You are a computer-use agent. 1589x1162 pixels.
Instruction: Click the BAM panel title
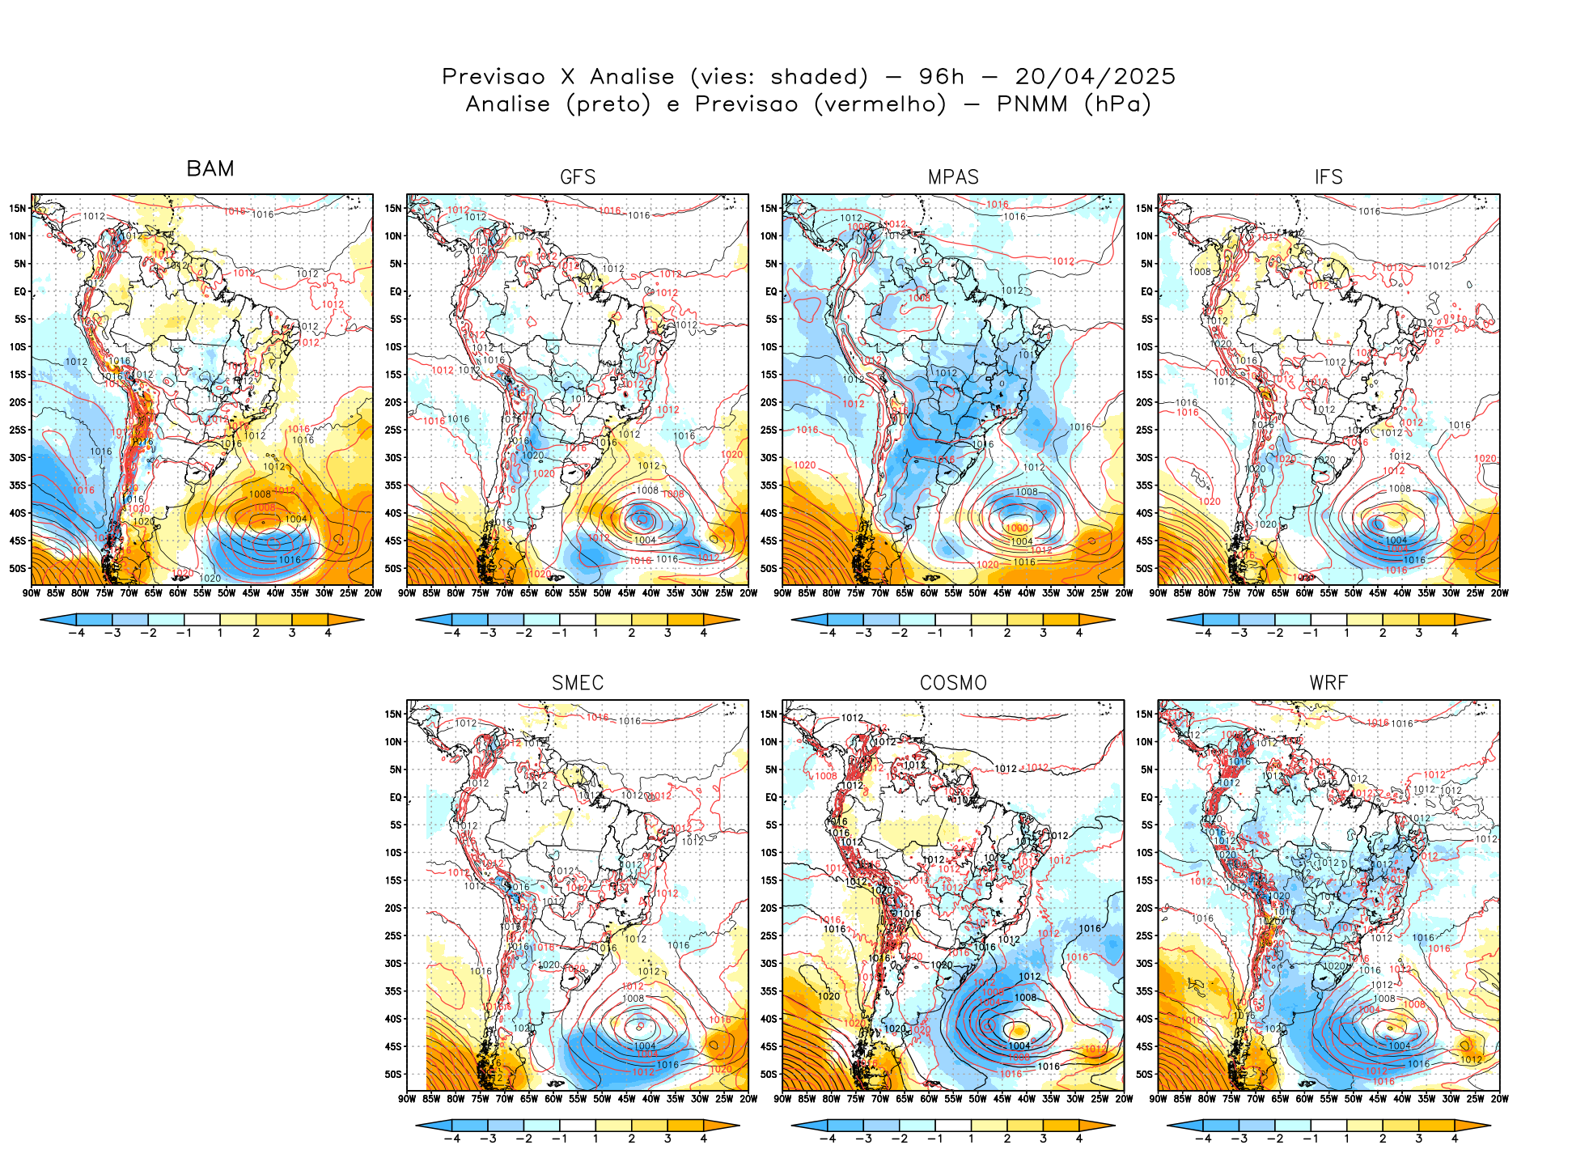(x=210, y=169)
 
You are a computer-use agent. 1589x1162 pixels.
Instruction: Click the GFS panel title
(x=578, y=177)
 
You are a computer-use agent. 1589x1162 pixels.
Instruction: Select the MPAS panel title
(x=953, y=177)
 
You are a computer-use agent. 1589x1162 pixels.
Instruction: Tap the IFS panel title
(x=1328, y=177)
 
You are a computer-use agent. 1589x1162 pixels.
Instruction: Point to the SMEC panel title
(x=578, y=683)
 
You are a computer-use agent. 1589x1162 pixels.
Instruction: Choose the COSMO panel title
(x=953, y=683)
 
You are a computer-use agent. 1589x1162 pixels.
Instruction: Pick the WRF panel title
(x=1328, y=683)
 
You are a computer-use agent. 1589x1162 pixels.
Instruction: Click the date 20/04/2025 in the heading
(x=1095, y=77)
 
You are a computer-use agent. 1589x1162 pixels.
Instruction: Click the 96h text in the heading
(x=942, y=77)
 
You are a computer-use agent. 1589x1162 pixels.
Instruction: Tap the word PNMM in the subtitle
(x=1032, y=104)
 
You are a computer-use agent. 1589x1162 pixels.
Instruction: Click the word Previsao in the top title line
(x=494, y=77)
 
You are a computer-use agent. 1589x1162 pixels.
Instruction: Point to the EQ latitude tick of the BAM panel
(x=20, y=291)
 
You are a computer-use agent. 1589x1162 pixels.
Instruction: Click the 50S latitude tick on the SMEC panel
(x=393, y=1075)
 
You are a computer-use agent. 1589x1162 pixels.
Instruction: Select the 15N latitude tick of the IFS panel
(x=1144, y=208)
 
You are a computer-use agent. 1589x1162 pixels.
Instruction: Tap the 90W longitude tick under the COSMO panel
(x=782, y=1099)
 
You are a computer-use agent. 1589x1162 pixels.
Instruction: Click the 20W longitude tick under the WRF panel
(x=1499, y=1099)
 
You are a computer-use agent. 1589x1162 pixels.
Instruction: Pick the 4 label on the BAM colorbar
(x=328, y=633)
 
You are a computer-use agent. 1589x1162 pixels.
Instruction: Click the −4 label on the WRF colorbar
(x=1203, y=1139)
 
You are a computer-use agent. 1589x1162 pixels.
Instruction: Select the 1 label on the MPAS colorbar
(x=971, y=633)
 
